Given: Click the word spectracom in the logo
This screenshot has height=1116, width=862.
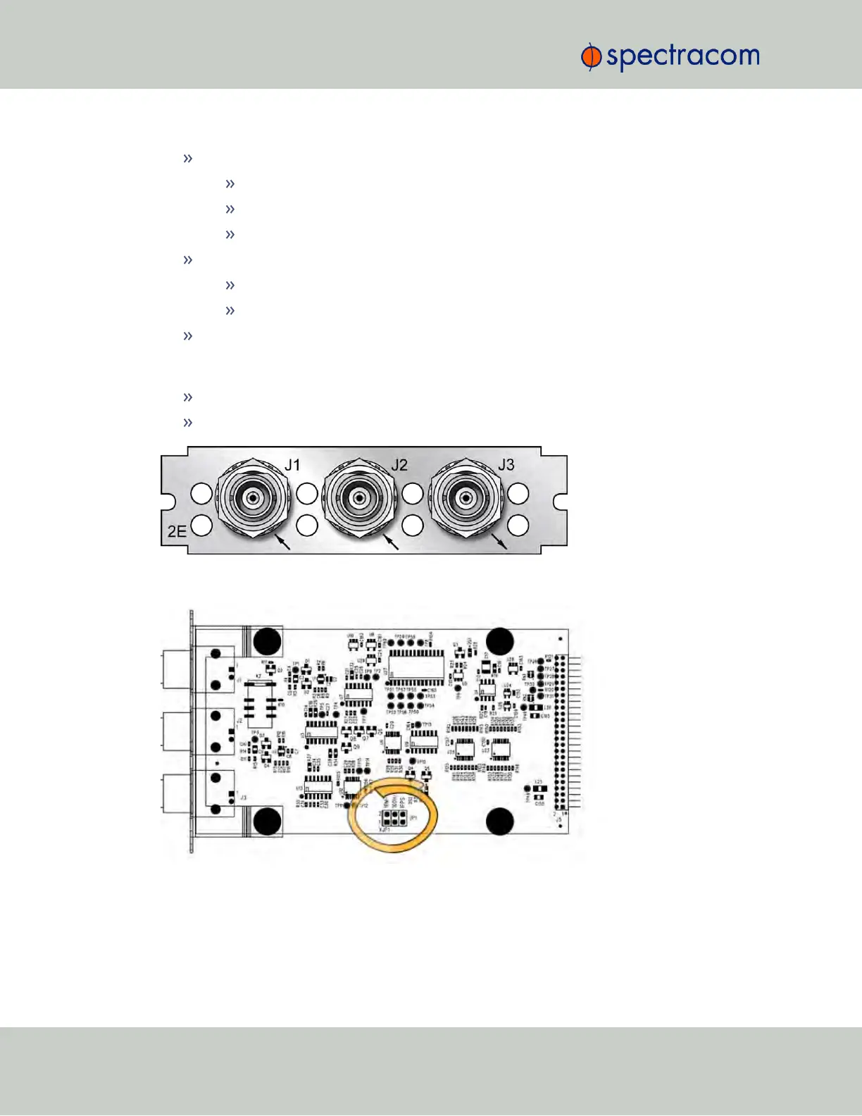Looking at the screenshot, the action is click(x=682, y=56).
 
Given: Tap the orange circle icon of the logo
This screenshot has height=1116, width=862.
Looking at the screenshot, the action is click(x=590, y=57).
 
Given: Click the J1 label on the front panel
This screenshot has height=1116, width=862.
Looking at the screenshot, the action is click(x=292, y=465).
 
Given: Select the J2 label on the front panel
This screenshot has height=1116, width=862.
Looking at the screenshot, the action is click(x=399, y=465).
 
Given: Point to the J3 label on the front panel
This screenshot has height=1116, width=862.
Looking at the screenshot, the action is click(x=506, y=465).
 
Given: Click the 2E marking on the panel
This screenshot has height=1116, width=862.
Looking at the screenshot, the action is click(x=177, y=531).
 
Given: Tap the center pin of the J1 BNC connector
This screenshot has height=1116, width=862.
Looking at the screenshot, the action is click(x=251, y=498).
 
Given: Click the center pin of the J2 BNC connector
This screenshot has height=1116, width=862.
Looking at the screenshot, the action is click(x=358, y=498).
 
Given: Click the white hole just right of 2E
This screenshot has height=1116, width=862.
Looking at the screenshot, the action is click(x=201, y=526).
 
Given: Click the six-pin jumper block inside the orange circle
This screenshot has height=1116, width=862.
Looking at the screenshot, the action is click(x=393, y=818).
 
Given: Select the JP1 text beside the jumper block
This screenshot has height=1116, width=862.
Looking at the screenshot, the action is click(x=413, y=818).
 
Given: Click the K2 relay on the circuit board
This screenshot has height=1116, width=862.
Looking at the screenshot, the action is click(x=260, y=700).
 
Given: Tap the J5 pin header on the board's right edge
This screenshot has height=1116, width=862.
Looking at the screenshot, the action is click(x=561, y=733).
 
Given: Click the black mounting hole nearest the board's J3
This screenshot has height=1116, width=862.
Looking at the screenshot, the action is click(x=267, y=821).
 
